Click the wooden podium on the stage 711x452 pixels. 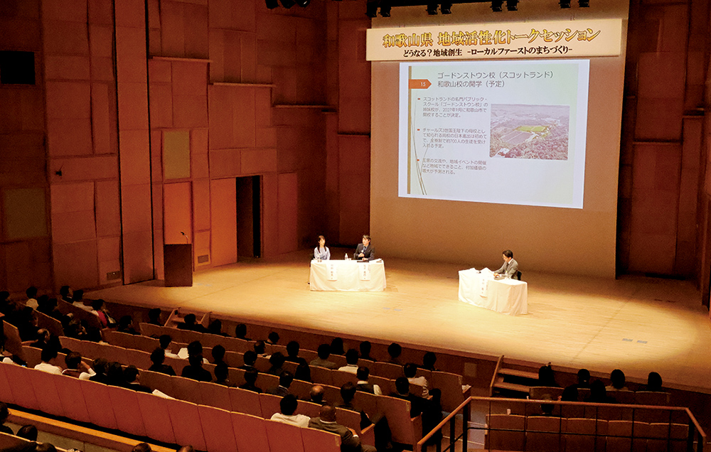click(x=178, y=264)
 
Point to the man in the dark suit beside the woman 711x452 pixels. click(x=364, y=248)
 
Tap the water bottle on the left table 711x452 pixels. click(x=346, y=256)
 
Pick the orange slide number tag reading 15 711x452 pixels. click(x=419, y=84)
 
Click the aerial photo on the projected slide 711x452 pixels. click(x=530, y=131)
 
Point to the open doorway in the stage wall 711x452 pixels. click(x=248, y=217)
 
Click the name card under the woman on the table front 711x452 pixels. click(x=331, y=271)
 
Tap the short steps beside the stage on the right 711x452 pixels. click(x=515, y=377)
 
